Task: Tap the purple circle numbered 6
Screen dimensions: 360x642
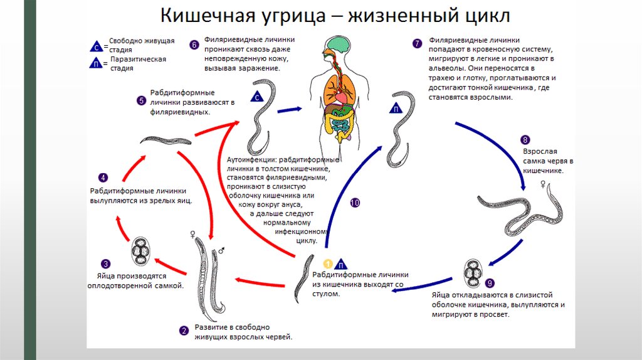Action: tap(194, 45)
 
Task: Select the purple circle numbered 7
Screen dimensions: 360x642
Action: tap(417, 43)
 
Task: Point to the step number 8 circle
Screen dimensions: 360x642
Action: tap(525, 140)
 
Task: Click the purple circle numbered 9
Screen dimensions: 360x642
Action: tap(490, 283)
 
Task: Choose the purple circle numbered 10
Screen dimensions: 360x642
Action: tap(355, 203)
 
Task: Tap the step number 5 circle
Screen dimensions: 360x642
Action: tap(141, 100)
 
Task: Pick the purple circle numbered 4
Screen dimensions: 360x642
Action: tap(103, 177)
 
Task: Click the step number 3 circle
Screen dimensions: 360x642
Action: tap(106, 263)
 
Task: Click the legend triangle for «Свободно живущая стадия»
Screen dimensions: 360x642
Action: tap(97, 46)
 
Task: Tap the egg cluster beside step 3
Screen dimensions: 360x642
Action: tap(140, 251)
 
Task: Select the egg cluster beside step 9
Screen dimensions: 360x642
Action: tap(473, 272)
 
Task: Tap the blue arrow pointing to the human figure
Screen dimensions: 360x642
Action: tap(294, 109)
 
